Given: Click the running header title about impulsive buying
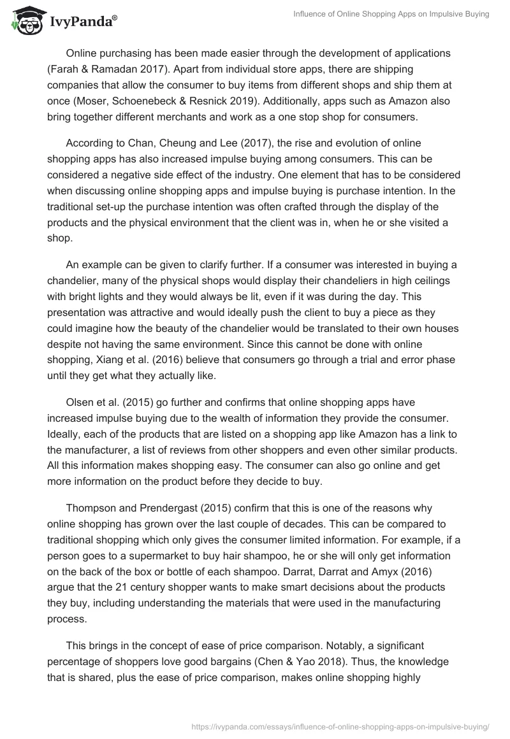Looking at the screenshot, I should (x=390, y=15).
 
